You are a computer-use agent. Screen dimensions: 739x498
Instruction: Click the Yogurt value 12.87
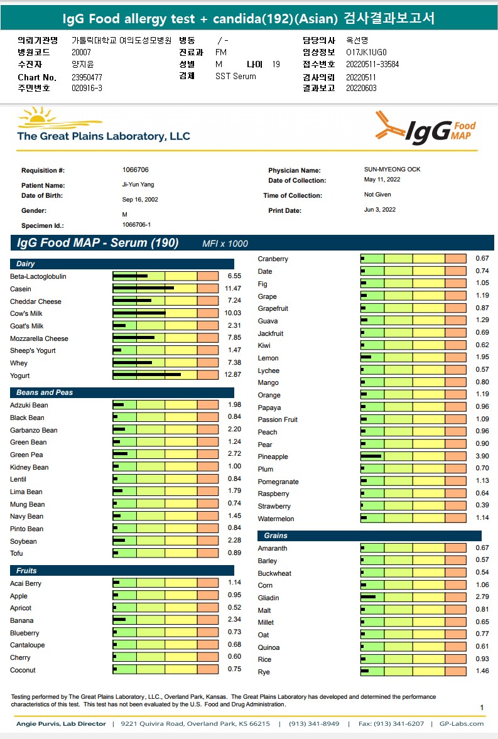click(x=234, y=375)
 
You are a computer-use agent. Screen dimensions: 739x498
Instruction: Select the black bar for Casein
click(x=143, y=289)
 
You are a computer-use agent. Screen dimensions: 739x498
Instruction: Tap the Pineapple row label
click(x=273, y=457)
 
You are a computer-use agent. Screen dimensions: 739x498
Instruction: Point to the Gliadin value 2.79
click(x=482, y=598)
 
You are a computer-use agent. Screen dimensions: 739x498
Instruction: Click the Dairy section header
click(x=26, y=264)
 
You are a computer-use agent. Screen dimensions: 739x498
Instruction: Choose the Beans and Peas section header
click(x=45, y=392)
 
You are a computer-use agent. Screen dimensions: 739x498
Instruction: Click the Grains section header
click(x=276, y=536)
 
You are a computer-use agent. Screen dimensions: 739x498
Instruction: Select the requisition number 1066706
click(x=135, y=170)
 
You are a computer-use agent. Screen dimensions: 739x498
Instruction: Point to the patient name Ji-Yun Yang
click(x=138, y=185)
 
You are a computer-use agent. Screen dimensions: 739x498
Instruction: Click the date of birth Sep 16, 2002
click(x=140, y=200)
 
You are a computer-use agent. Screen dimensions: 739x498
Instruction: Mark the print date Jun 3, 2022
click(x=379, y=210)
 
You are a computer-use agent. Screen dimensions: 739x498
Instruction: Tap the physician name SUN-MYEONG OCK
click(x=392, y=170)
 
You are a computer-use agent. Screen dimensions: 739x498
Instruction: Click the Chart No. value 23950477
click(x=87, y=77)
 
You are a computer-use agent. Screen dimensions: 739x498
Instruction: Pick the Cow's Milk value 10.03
click(x=234, y=313)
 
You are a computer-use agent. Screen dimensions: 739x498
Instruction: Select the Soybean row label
click(x=23, y=541)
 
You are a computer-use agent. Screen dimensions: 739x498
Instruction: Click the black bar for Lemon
click(x=366, y=358)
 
